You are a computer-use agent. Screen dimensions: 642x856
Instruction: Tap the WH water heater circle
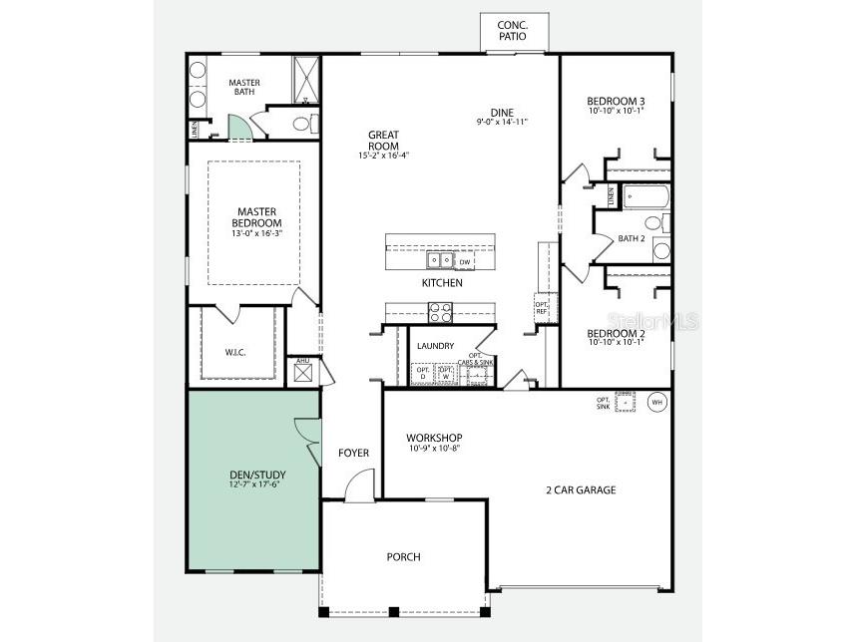pos(656,402)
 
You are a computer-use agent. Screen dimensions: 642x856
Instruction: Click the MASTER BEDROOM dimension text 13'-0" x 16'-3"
pos(256,234)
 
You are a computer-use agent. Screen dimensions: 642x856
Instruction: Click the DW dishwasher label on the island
pos(465,261)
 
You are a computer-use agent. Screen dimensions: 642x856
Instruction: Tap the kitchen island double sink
pos(439,261)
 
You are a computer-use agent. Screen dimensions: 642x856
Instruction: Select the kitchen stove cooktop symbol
pos(441,313)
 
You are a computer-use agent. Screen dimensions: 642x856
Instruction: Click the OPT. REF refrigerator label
pos(542,308)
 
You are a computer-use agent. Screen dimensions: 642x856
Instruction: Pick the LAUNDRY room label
pos(436,346)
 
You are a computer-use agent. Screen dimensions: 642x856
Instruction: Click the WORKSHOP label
pos(434,438)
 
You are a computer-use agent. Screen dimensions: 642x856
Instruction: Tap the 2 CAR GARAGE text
pos(580,489)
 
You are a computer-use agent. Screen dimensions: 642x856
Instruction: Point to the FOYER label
pos(353,453)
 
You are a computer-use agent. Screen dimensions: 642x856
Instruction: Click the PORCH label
pos(403,556)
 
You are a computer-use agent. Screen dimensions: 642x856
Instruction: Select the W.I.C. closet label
pos(236,352)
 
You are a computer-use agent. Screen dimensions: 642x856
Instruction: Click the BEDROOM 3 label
pos(616,101)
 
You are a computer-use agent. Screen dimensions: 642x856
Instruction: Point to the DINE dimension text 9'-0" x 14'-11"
pos(501,122)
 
